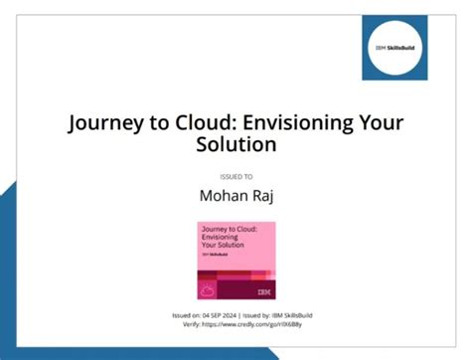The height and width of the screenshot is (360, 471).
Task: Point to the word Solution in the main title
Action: [x=235, y=146]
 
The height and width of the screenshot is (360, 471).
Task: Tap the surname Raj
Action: [x=259, y=197]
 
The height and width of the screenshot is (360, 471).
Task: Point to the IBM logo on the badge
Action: [x=262, y=292]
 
